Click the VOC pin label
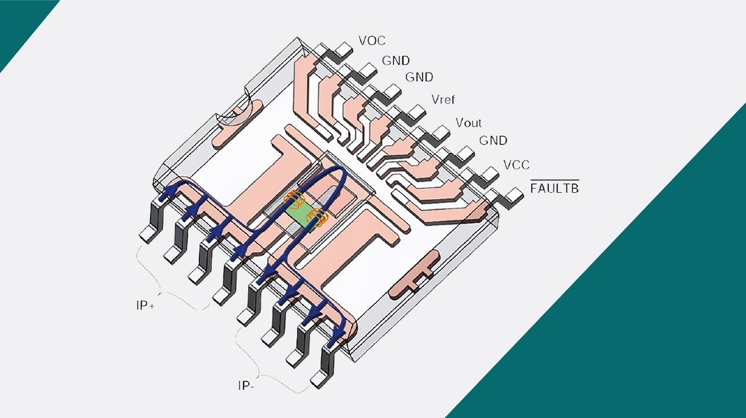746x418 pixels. (372, 41)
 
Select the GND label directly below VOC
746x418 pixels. (396, 61)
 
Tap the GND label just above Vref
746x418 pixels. (419, 78)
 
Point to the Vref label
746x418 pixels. (443, 100)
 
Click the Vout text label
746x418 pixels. (468, 123)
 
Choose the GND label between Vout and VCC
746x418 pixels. (493, 141)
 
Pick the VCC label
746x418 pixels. (516, 165)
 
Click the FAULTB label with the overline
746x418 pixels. (554, 188)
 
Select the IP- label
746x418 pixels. (247, 386)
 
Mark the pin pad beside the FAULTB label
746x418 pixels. (515, 195)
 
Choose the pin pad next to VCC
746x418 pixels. (490, 173)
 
